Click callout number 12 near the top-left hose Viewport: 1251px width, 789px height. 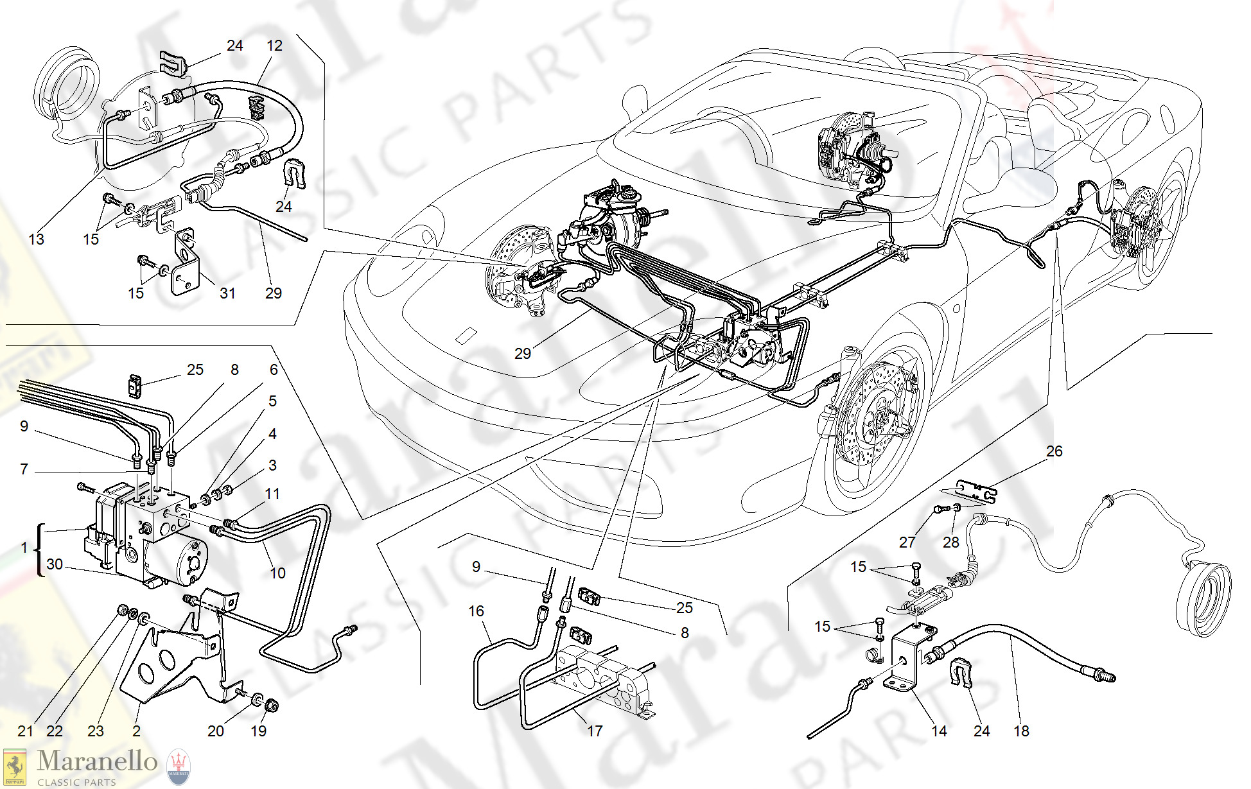(274, 46)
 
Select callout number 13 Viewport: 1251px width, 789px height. (37, 239)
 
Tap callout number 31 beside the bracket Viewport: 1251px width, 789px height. (227, 293)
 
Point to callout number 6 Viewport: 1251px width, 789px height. (274, 370)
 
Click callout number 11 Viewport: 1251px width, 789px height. (272, 494)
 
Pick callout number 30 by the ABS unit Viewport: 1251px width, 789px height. (55, 564)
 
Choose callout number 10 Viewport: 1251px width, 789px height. (277, 573)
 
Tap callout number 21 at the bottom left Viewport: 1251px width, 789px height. (25, 731)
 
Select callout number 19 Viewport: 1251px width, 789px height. (258, 731)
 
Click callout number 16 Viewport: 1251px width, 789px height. (476, 611)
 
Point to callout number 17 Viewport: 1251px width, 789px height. (595, 731)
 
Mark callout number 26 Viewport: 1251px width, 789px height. (1054, 451)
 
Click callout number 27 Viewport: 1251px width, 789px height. (907, 542)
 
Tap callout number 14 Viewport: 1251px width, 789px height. (939, 731)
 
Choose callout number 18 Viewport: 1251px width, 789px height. (1021, 731)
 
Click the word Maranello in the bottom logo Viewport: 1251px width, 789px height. (97, 761)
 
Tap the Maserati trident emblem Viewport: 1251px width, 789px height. (179, 768)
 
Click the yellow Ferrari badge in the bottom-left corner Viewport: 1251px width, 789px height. (15, 768)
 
